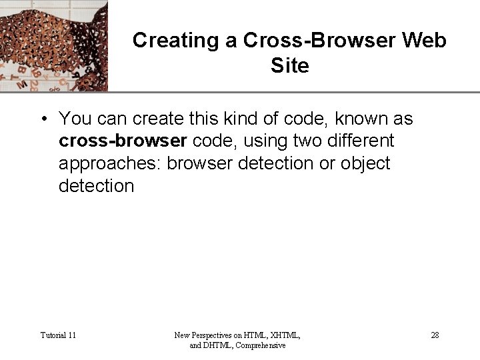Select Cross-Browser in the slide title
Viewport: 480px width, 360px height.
(317, 41)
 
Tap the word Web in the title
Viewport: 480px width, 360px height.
(424, 41)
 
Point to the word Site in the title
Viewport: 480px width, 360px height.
(290, 66)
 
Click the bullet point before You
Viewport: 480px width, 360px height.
(43, 119)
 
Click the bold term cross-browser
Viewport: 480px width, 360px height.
(123, 141)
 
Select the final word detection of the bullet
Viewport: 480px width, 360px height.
(96, 185)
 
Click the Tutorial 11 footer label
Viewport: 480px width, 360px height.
(58, 335)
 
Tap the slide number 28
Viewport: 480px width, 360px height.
(435, 335)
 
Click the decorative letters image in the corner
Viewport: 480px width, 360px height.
(53, 45)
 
